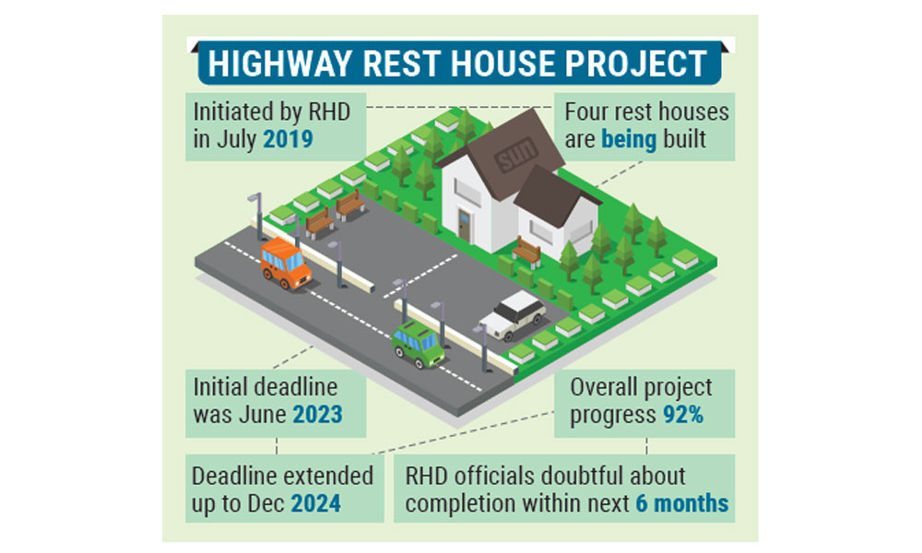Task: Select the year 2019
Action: coord(288,139)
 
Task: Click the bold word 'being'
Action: coord(629,140)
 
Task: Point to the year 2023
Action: coord(317,415)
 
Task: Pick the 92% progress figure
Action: coord(683,415)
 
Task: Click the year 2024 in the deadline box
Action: coord(315,503)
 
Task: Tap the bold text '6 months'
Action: coord(682,503)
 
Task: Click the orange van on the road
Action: coord(285,264)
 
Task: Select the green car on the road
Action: coord(418,344)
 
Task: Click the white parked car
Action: coord(513,315)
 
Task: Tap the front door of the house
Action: coord(465,226)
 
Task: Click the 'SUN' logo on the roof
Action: coord(516,155)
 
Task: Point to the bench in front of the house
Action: coord(526,253)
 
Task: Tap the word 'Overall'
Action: coord(604,387)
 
